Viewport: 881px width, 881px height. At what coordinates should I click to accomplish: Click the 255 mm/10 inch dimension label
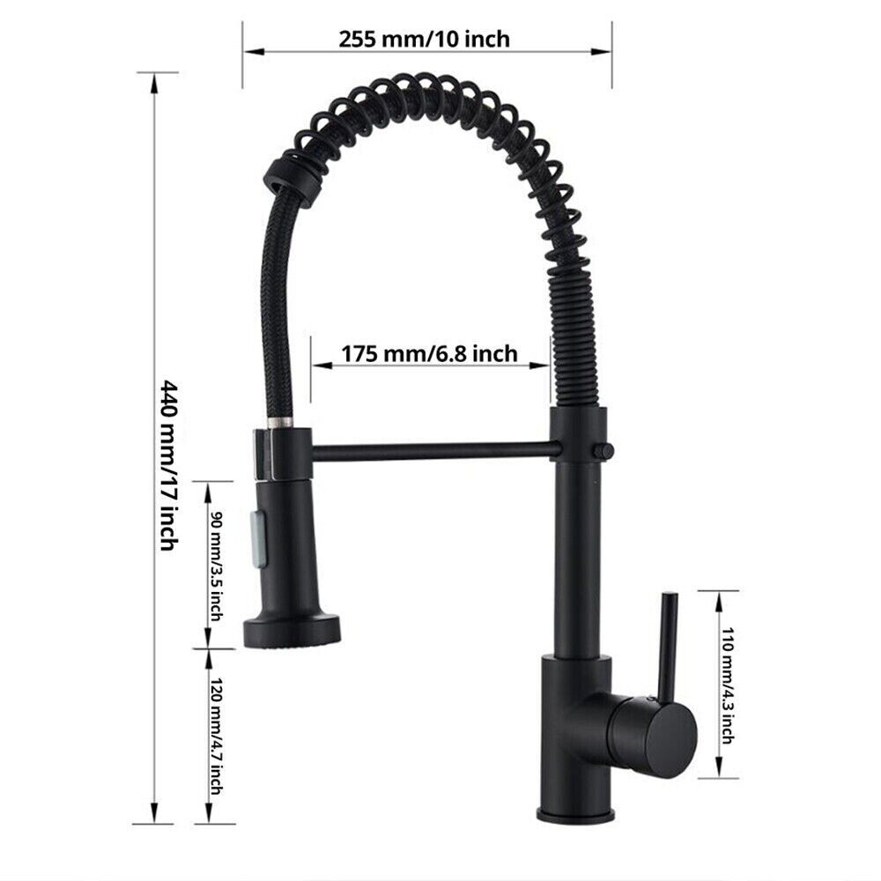click(x=424, y=39)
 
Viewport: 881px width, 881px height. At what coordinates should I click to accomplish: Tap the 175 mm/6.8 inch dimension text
click(x=429, y=353)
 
